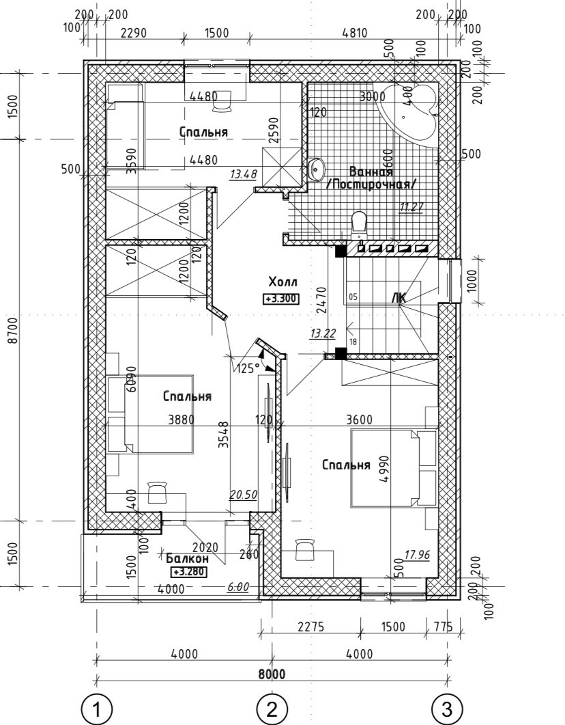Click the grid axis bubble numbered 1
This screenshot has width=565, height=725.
coord(96,709)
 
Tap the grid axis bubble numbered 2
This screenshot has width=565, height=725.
coord(272,709)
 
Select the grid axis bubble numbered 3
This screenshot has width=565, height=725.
coord(447,709)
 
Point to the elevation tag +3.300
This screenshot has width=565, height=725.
coord(281,298)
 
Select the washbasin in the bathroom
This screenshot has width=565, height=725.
coord(317,169)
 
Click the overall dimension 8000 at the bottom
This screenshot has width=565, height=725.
coord(272,674)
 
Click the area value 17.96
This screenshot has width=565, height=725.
coord(416,555)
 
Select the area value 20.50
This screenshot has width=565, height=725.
coord(244,495)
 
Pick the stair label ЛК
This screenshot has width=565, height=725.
coord(399,297)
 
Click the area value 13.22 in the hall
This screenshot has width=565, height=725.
coord(322,333)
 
